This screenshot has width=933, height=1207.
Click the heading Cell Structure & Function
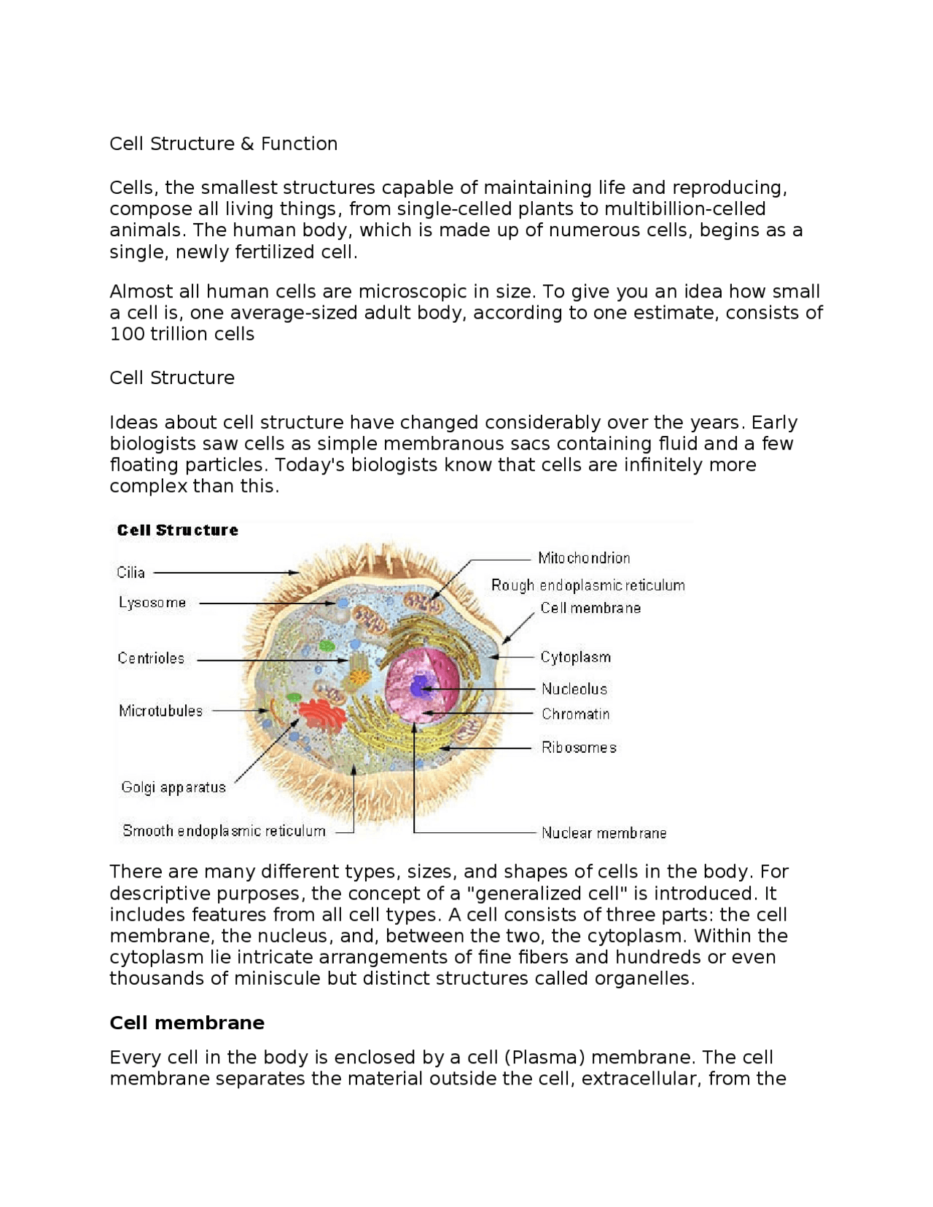[x=223, y=144]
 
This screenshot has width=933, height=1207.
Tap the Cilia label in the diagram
[x=131, y=573]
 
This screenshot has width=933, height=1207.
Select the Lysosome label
[x=152, y=603]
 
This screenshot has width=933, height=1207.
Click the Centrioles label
[x=151, y=659]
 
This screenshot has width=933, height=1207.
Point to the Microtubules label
[x=160, y=711]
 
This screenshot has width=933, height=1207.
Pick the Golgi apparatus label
[x=173, y=787]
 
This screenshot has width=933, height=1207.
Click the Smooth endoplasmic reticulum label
[x=224, y=831]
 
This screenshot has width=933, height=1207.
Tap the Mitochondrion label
[x=584, y=558]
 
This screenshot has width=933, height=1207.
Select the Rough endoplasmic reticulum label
[x=587, y=585]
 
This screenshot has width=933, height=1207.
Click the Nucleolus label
[x=574, y=689]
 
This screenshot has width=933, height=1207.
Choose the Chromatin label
[x=575, y=714]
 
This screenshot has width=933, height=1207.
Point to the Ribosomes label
[x=579, y=748]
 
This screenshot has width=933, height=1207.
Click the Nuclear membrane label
[x=604, y=833]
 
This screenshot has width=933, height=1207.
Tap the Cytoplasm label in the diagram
[x=575, y=657]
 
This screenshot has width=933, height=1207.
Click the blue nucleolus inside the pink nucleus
[x=420, y=687]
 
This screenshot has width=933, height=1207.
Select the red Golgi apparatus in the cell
[x=321, y=714]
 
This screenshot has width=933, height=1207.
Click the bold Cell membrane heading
[x=187, y=1023]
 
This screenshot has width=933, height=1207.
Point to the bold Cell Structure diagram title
[x=177, y=531]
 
